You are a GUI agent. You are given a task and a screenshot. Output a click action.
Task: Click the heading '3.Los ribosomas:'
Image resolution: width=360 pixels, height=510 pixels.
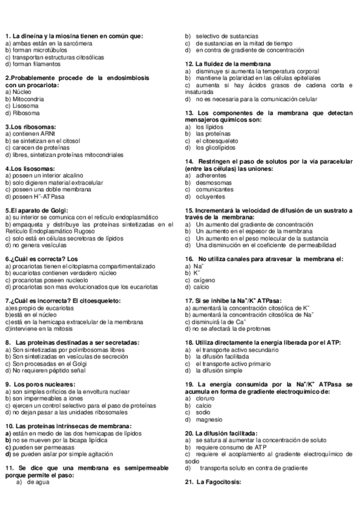(x=31, y=127)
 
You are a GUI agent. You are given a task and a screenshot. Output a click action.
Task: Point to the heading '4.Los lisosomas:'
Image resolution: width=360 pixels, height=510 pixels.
(x=30, y=168)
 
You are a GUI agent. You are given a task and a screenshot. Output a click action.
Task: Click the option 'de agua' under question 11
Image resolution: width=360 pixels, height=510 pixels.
(x=37, y=482)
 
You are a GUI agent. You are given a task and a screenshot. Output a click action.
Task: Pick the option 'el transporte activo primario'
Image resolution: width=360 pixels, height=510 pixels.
(x=233, y=364)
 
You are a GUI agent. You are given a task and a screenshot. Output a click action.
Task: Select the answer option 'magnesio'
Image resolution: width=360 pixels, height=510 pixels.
(x=209, y=419)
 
